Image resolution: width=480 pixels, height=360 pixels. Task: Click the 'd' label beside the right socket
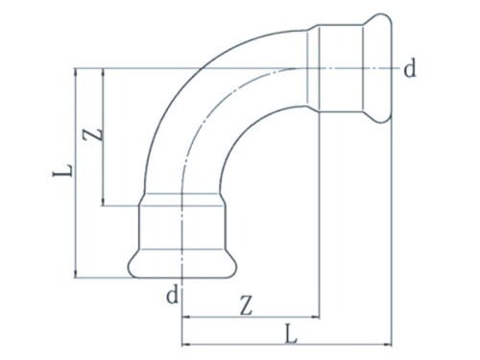click(x=409, y=68)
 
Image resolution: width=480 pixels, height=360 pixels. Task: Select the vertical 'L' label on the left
click(x=61, y=173)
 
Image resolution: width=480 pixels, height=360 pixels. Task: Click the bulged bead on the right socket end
click(x=381, y=68)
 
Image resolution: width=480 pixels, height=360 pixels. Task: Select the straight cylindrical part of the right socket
click(x=341, y=68)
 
